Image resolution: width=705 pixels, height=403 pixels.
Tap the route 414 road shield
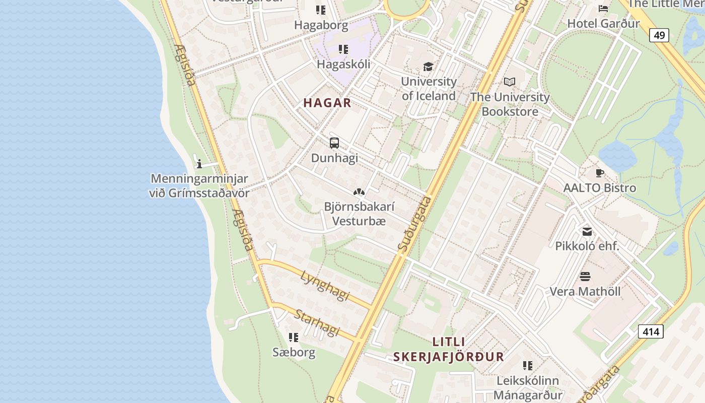pos(651,331)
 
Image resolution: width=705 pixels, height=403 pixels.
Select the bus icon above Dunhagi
pos(334,143)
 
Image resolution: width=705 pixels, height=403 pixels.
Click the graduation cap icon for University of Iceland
pos(428,66)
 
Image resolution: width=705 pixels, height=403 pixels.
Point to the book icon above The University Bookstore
pos(510,82)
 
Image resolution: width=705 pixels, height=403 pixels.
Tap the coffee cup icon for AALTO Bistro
pos(599,173)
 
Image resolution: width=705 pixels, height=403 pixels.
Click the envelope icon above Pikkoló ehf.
pos(587,232)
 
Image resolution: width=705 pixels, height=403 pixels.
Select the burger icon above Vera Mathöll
pos(585,277)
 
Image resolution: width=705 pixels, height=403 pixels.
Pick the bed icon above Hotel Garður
pos(603,9)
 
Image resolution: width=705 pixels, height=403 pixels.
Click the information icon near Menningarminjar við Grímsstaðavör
pos(199,164)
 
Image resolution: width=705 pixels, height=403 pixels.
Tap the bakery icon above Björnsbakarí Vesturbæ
pos(359,192)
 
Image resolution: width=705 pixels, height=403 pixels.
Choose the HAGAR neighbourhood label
pos(327,103)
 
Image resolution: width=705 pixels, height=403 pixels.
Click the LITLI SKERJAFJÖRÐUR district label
pos(449,349)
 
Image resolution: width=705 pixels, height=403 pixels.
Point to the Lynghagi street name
pos(325,285)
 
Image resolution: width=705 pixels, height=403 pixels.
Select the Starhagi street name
pos(317,323)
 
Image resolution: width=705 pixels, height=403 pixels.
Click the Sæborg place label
pos(294,352)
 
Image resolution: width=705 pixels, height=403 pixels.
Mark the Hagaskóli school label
pos(343,64)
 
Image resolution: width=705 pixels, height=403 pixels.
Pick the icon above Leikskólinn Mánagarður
pos(527,366)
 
